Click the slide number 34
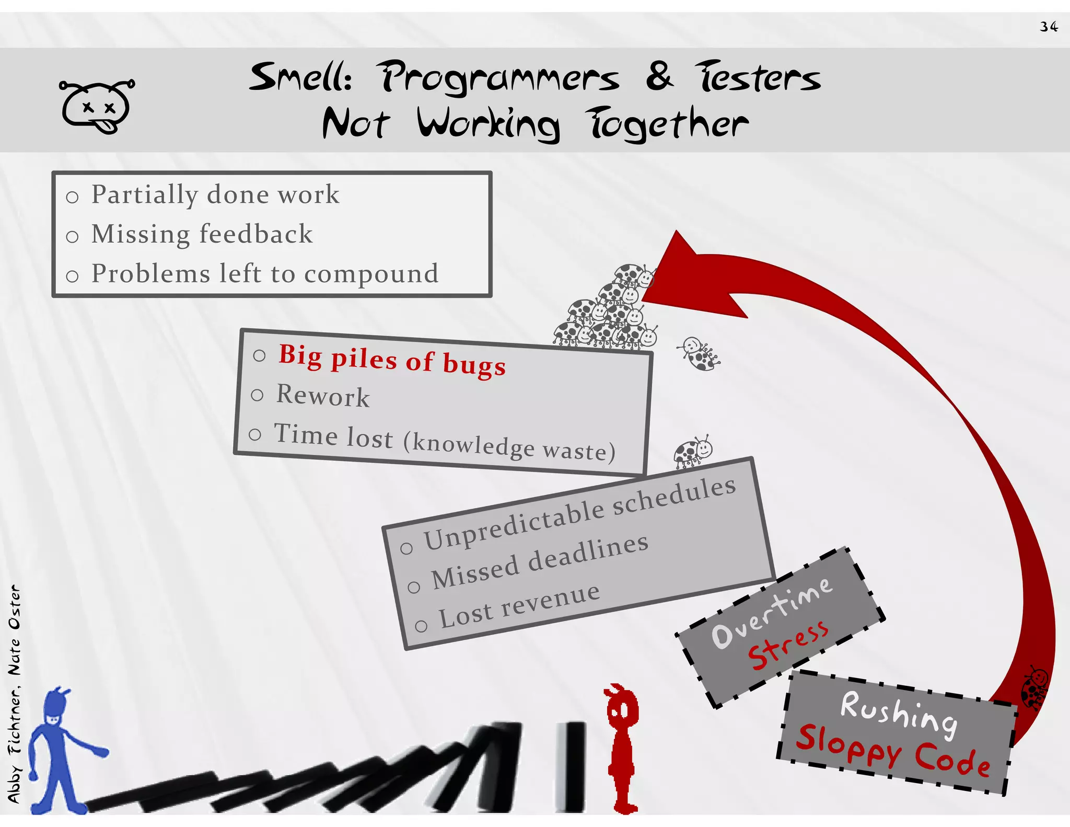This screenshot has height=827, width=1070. pyautogui.click(x=1049, y=27)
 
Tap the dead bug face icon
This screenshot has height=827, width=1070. pyautogui.click(x=97, y=107)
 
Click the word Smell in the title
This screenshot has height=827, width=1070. pyautogui.click(x=300, y=77)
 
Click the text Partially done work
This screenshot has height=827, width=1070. pyautogui.click(x=215, y=194)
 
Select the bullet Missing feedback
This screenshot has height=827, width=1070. pyautogui.click(x=202, y=234)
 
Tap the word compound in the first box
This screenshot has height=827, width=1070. pyautogui.click(x=371, y=273)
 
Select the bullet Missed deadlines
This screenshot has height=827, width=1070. pyautogui.click(x=539, y=561)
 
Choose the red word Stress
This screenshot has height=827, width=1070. pyautogui.click(x=788, y=645)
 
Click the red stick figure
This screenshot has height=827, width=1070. pyautogui.click(x=622, y=748)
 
